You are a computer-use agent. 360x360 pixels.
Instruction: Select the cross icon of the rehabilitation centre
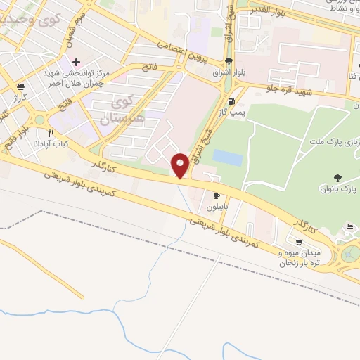click(x=77, y=63)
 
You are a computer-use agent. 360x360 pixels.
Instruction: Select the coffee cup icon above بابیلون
click(x=217, y=195)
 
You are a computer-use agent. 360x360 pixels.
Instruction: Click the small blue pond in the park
click(x=227, y=157)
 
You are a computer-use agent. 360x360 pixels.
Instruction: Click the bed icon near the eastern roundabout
click(x=350, y=226)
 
